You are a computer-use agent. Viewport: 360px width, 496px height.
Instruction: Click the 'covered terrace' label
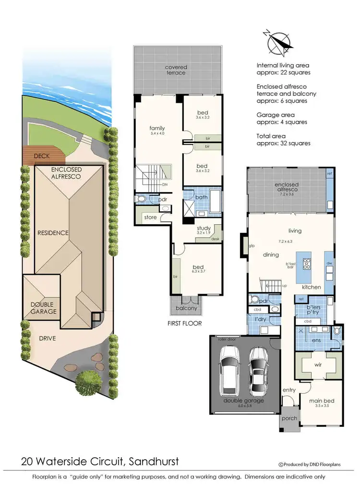coord(176,70)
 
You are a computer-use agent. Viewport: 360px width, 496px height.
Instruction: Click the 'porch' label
coord(289,418)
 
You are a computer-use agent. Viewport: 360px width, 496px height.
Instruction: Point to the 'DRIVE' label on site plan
coord(48,339)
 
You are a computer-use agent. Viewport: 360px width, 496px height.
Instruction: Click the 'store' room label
coord(150,218)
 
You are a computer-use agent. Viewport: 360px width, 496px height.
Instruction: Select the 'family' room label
coord(157,128)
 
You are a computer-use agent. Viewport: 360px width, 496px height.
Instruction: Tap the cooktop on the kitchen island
coord(306,264)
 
